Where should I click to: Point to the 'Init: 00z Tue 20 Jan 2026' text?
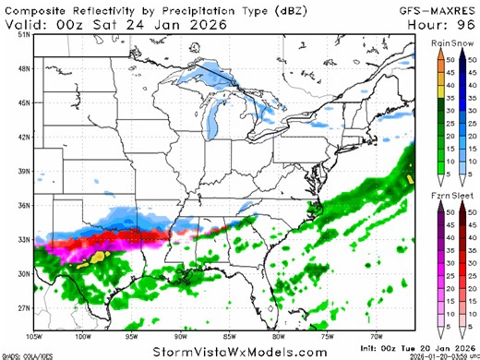(424, 343)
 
